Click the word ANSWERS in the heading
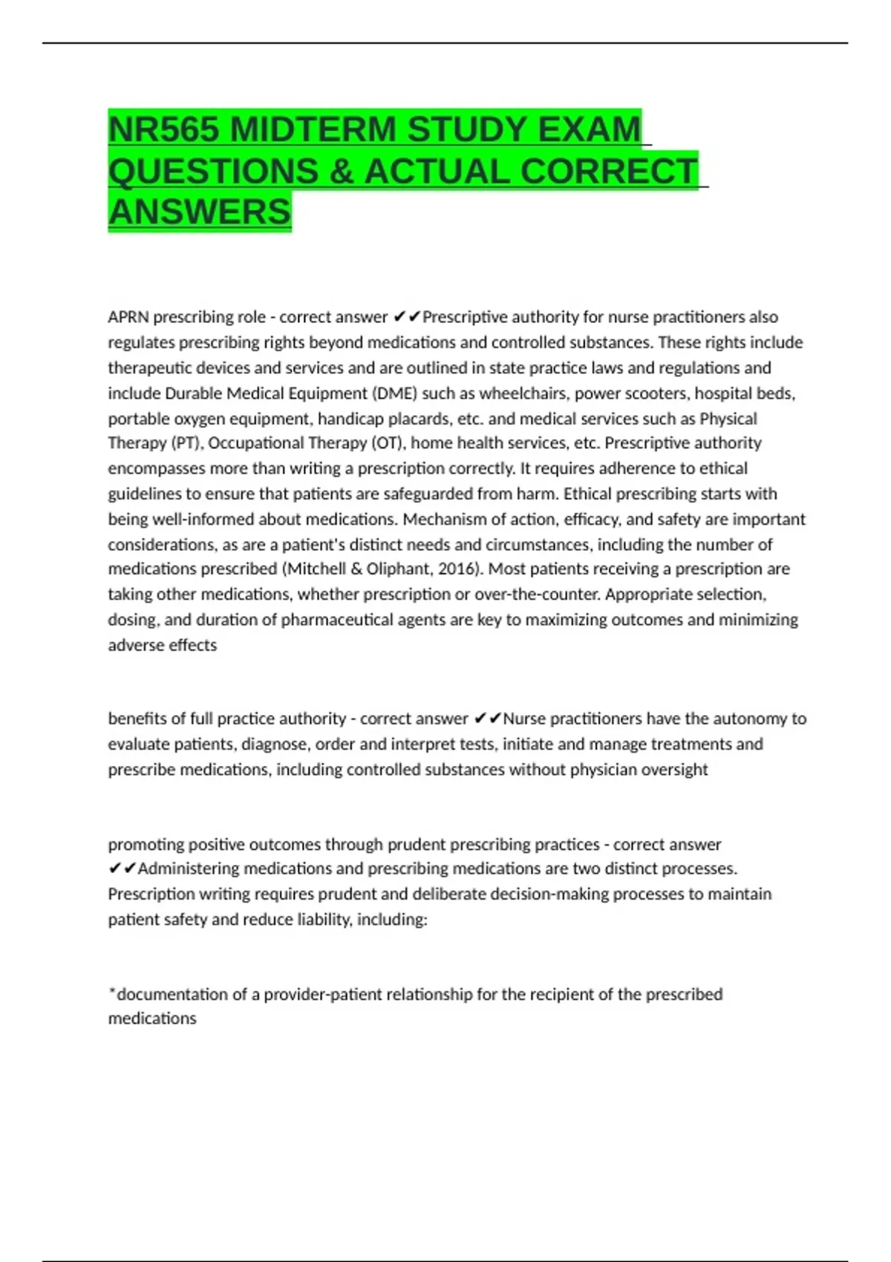200,212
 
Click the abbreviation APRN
128,317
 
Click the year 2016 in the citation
463,569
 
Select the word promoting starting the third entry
146,844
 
